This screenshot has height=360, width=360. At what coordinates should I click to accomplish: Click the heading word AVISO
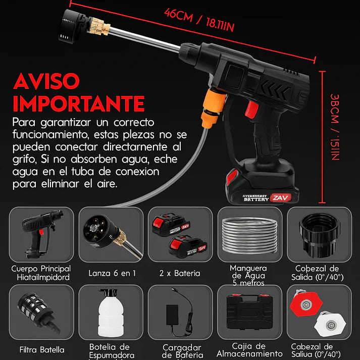(46, 81)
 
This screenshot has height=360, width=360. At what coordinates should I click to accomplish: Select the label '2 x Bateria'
(179, 273)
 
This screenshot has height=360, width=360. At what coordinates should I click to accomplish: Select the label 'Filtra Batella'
(41, 349)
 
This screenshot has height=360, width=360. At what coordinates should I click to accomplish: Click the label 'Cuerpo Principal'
(41, 269)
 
